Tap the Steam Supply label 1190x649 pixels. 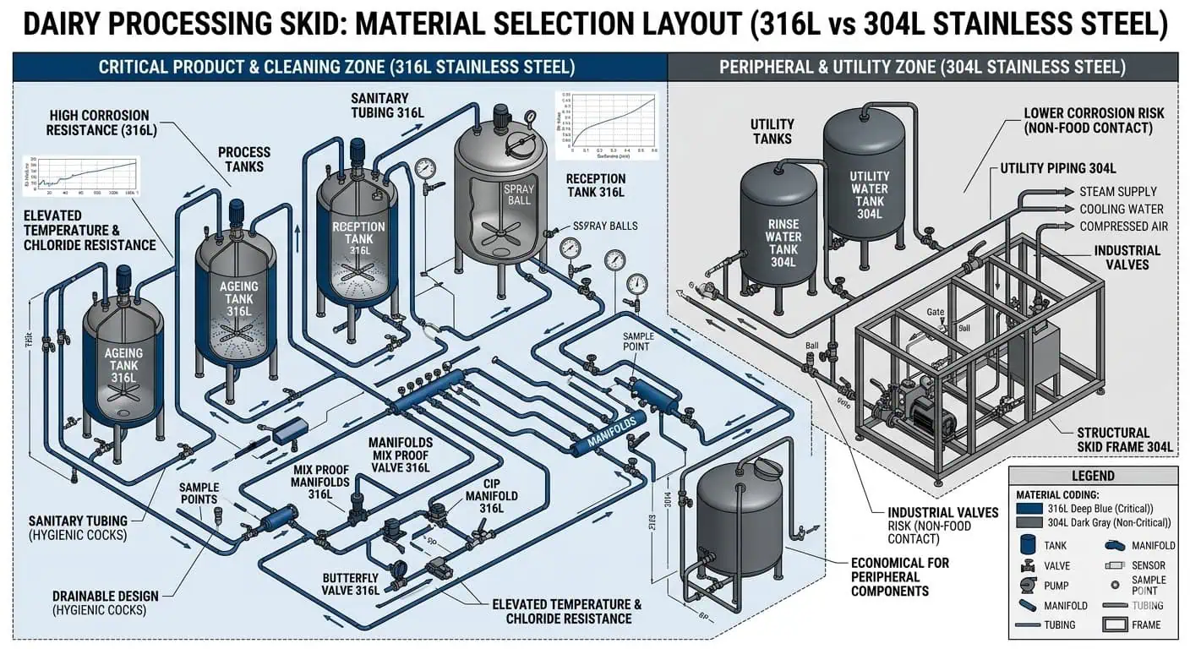coord(1117,192)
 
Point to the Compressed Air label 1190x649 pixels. coord(1123,226)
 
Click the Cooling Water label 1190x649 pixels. coord(1121,209)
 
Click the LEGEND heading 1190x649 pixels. coord(1092,477)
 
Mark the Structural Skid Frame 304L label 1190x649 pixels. coord(1124,439)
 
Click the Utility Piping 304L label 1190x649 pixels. coord(1058,168)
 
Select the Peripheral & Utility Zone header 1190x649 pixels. coord(922,67)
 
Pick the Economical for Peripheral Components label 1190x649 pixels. coord(899,576)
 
